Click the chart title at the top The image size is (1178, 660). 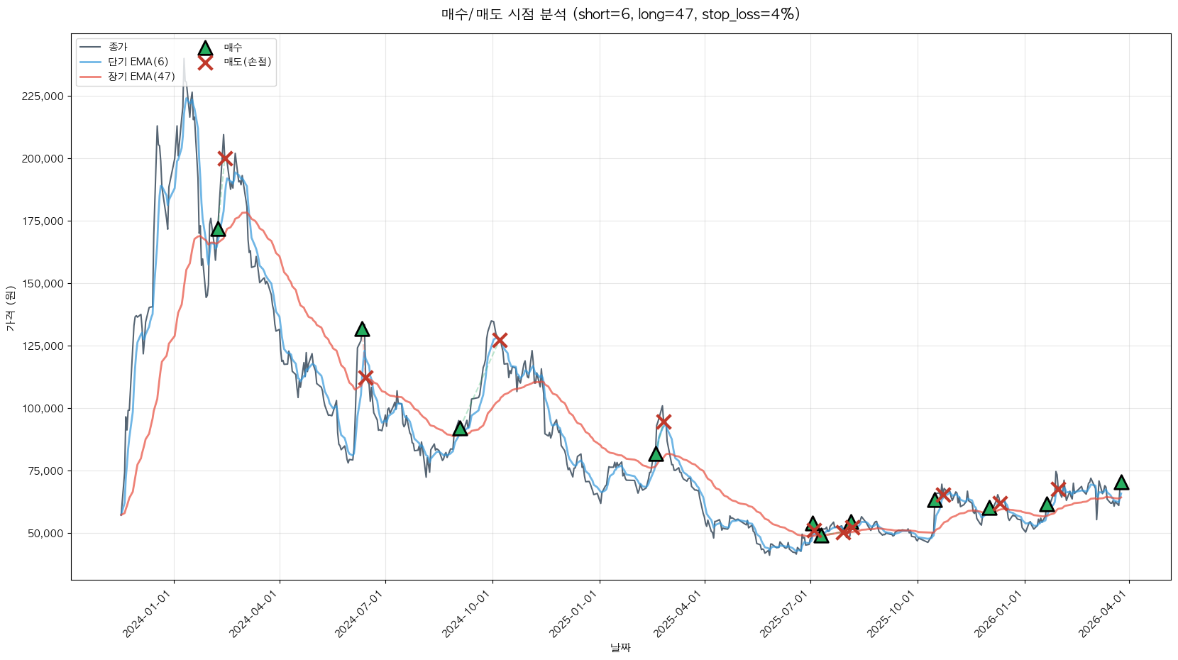(x=620, y=14)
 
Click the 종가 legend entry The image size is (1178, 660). (x=118, y=47)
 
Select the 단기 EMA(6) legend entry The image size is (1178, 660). (x=138, y=62)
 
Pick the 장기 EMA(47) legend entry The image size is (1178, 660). (x=141, y=77)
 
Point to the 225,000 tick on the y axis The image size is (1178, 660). (x=43, y=97)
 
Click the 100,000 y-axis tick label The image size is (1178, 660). (x=43, y=409)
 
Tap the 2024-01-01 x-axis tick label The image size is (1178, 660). (x=148, y=615)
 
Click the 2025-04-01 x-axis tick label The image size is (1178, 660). (x=678, y=615)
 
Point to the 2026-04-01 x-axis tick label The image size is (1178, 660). (x=1103, y=615)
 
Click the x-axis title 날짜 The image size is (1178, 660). (x=620, y=647)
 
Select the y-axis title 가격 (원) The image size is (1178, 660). (x=10, y=308)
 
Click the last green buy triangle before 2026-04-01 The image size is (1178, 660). (x=1121, y=483)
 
